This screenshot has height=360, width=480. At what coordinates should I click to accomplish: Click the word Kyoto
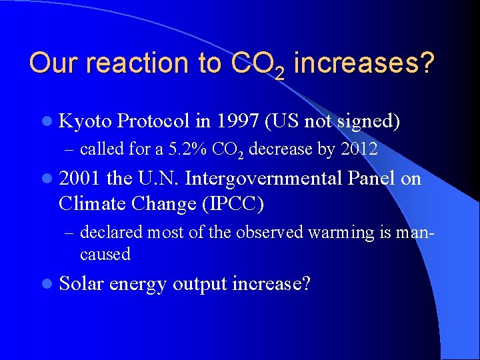pyautogui.click(x=85, y=122)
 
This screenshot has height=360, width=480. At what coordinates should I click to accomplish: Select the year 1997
pyautogui.click(x=237, y=121)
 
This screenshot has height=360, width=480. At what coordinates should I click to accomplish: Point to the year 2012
pyautogui.click(x=359, y=149)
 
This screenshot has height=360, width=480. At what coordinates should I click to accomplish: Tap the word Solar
pyautogui.click(x=81, y=284)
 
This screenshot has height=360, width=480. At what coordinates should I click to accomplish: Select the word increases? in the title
pyautogui.click(x=363, y=63)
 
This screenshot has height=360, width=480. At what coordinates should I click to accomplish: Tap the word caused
pyautogui.click(x=105, y=254)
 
